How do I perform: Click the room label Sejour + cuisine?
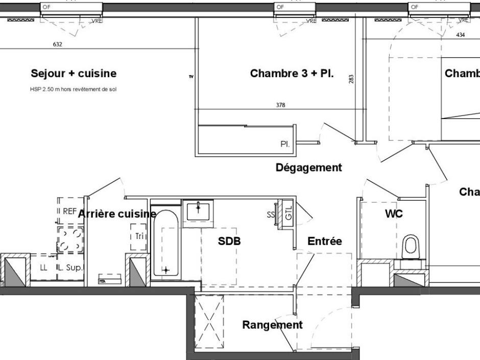[x=74, y=74]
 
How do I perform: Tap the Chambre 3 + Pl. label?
[x=292, y=74]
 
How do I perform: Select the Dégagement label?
[x=308, y=167]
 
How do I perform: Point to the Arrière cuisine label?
[x=117, y=214]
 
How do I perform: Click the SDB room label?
[x=229, y=242]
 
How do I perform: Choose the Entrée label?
[x=324, y=242]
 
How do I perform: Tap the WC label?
[x=394, y=214]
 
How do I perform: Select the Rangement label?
[x=272, y=325]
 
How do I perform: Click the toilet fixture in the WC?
[x=411, y=247]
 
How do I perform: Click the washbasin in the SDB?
[x=198, y=210]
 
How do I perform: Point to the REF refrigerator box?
[x=69, y=211]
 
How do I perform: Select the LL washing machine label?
[x=44, y=267]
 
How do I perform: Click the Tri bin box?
[x=139, y=236]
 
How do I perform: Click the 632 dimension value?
[x=58, y=44]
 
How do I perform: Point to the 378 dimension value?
[x=280, y=105]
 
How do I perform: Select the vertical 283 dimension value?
[x=351, y=79]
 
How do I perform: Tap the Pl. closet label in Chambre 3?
[x=285, y=145]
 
